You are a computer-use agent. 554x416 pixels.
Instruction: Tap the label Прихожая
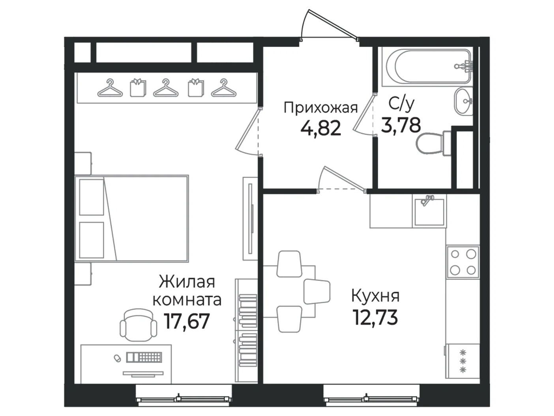321,108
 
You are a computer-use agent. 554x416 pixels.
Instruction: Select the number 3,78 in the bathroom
401,125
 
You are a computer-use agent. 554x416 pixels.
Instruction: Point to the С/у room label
402,104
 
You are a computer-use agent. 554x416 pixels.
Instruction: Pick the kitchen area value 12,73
375,317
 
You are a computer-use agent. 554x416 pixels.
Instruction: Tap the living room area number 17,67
187,321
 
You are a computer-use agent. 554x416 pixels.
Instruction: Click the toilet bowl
433,144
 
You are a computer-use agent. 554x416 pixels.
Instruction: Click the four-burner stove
462,262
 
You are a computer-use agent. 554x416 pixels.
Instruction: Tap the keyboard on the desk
144,357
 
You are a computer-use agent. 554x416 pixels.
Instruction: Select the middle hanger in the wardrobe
166,88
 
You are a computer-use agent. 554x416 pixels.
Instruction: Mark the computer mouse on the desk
117,358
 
